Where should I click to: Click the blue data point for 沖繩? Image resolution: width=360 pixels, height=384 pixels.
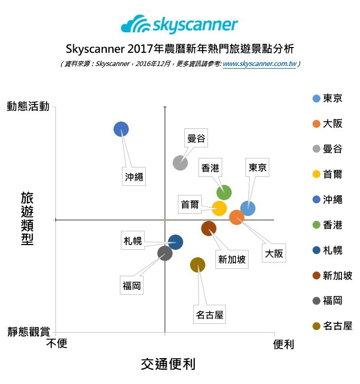point(121,129)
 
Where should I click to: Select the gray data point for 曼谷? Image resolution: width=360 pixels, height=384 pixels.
point(180,163)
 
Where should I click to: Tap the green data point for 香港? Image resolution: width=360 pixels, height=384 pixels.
point(224,192)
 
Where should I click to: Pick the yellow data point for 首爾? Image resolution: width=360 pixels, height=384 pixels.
point(219,209)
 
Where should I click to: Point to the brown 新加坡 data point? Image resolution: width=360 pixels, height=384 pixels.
point(209,229)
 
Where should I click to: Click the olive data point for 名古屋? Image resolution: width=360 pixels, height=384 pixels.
point(197,265)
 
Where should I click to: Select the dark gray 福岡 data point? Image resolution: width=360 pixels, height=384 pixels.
point(165,253)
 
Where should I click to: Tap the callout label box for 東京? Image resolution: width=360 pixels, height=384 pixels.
point(258,167)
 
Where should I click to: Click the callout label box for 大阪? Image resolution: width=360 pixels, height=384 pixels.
point(274,253)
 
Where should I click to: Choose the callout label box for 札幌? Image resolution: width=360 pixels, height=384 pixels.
point(132,240)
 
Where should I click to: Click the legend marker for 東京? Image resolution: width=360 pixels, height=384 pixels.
point(316,98)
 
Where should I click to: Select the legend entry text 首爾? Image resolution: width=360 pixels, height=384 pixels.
point(333,174)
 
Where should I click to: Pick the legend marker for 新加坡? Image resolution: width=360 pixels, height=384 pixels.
point(316,276)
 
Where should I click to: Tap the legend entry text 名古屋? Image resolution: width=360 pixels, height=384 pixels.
point(337,326)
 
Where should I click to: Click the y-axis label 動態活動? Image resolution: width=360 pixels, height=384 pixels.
point(28,106)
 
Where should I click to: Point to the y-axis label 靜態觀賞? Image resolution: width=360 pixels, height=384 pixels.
point(29,332)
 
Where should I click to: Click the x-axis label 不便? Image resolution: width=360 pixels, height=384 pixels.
point(56,343)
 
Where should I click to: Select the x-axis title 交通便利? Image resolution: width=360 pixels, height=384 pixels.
point(168,364)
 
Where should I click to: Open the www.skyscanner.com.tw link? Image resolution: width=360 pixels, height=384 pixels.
point(259,64)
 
